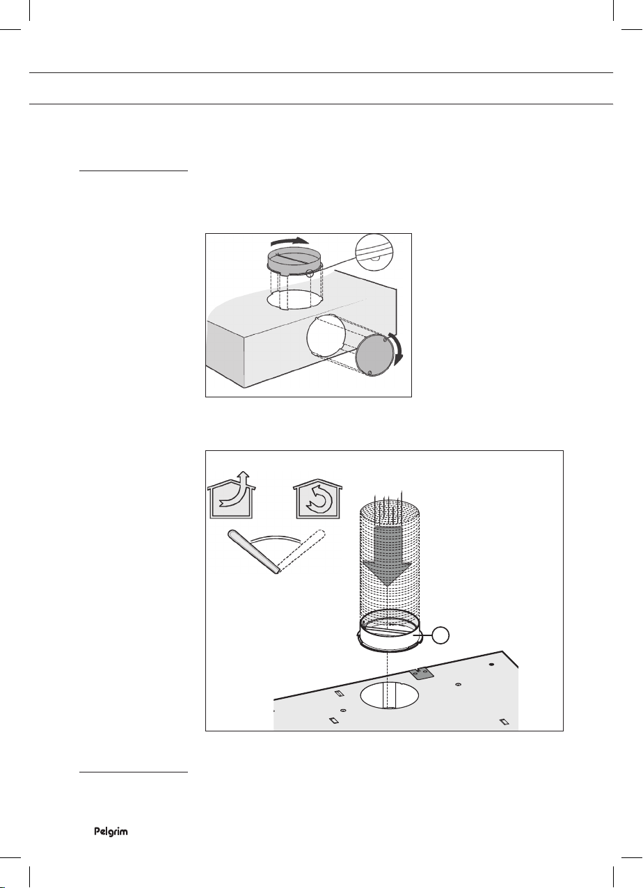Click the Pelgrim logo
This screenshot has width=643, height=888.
(111, 832)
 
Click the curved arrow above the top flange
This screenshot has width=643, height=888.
(289, 241)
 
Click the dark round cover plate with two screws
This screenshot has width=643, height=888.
(374, 355)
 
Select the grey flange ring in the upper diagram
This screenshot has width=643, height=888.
(294, 260)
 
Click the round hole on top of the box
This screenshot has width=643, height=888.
(294, 299)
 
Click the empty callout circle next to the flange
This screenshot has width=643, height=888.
(440, 635)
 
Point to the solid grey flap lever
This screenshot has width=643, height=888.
(254, 551)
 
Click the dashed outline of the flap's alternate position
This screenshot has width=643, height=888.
(301, 550)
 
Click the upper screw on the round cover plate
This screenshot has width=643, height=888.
(386, 340)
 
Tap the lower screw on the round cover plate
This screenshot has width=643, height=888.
(370, 372)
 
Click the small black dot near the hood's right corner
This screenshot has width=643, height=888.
(492, 665)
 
